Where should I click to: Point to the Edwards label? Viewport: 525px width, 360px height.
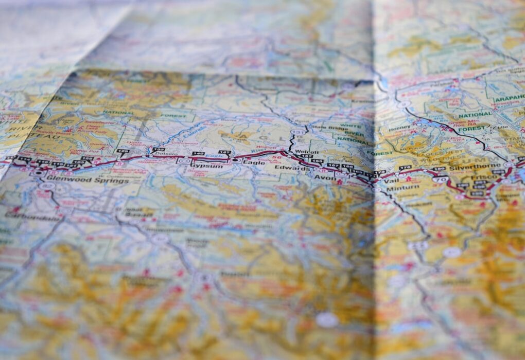(x=286, y=168)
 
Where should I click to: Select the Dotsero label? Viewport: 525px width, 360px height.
(x=164, y=154)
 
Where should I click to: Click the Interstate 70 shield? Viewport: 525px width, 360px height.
(x=440, y=179)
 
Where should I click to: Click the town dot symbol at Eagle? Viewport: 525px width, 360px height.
(x=235, y=160)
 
